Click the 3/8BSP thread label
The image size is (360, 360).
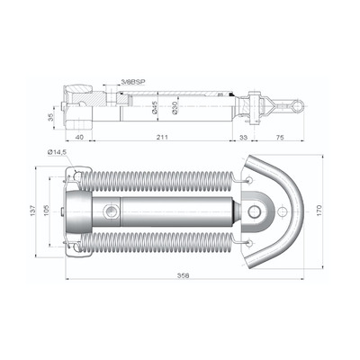133,82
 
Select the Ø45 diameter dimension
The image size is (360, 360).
155,107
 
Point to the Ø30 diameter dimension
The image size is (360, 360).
175,107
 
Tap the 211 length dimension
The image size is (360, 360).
162,138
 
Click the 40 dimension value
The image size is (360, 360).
79,138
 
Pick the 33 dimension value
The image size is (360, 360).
244,138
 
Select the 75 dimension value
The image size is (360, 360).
280,138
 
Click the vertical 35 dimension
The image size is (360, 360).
50,117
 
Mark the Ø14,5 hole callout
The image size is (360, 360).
57,152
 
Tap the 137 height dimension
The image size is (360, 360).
32,210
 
